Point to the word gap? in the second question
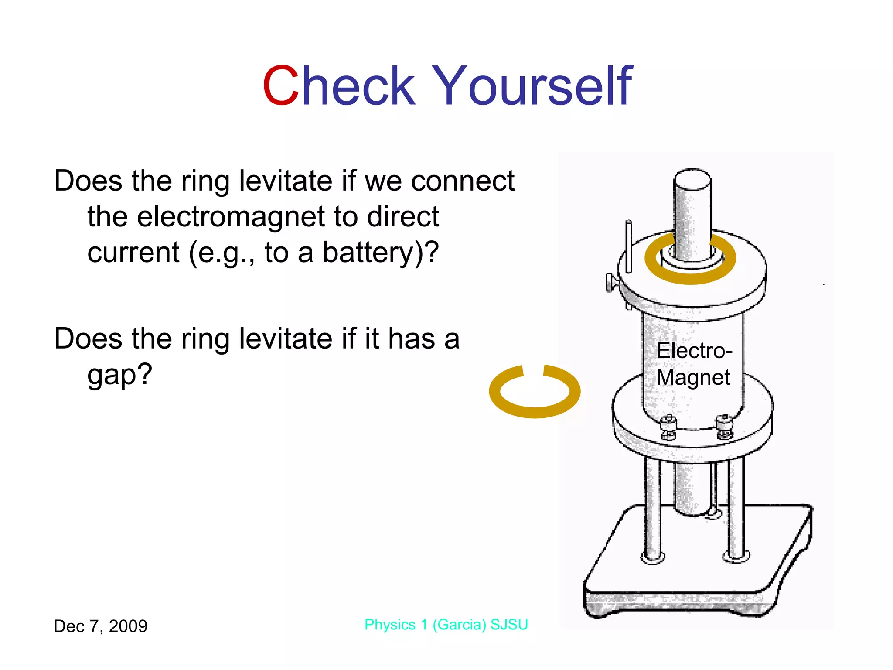click(120, 375)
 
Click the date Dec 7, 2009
click(100, 626)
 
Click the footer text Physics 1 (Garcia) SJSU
click(446, 625)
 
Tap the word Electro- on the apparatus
click(694, 351)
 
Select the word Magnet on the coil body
click(693, 377)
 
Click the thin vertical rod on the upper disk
click(628, 246)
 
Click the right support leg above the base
click(736, 506)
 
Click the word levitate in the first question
click(286, 181)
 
